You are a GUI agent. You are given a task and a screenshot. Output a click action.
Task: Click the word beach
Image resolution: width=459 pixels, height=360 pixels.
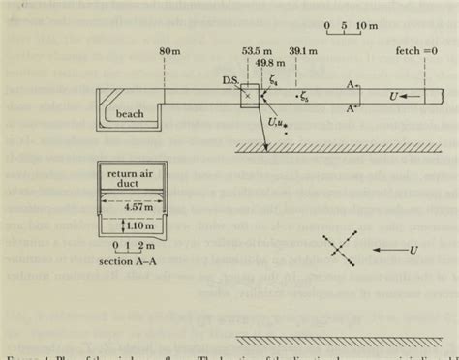[130, 113]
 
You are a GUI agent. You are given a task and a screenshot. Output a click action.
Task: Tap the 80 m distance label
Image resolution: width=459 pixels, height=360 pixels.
[170, 51]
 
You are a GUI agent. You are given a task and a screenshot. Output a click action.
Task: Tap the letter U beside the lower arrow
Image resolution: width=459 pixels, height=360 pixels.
[413, 250]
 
